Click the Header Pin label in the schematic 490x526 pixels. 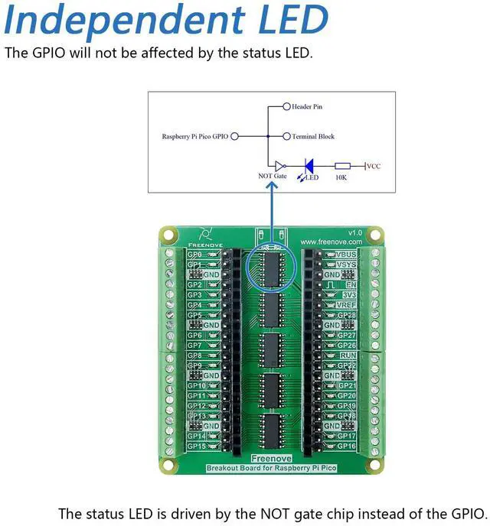tap(307, 107)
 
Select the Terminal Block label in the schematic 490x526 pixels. tap(313, 136)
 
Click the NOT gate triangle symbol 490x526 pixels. tap(279, 165)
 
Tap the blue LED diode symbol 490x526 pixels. tap(310, 165)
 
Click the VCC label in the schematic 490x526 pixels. tap(375, 165)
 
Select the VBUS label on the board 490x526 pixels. tap(347, 255)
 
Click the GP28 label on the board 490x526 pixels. tap(347, 315)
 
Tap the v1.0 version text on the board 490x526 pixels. tap(354, 232)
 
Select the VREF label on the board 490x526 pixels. tap(347, 304)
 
